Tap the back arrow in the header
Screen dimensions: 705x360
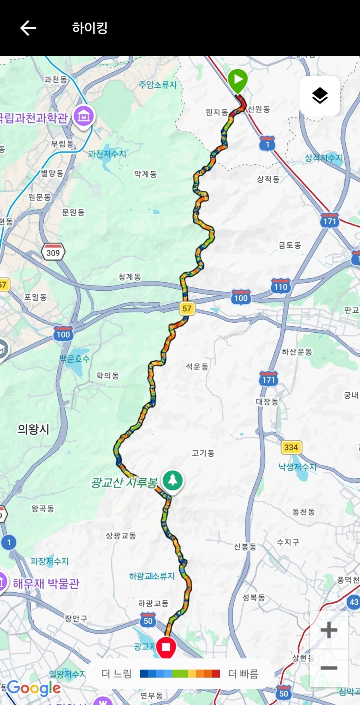click(28, 28)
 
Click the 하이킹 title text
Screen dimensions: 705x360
click(90, 28)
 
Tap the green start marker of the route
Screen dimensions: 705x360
click(238, 80)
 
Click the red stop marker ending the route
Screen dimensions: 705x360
click(166, 647)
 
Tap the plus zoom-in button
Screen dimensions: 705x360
click(329, 630)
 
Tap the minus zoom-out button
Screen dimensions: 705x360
click(329, 668)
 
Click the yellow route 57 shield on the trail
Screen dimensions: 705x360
click(187, 308)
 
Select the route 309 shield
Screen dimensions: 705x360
click(53, 252)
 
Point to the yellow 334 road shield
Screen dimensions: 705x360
click(291, 447)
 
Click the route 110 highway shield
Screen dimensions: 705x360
click(280, 286)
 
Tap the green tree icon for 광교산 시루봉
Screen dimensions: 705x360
click(173, 480)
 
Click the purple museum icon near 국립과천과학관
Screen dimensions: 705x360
click(84, 116)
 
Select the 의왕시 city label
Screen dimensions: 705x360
click(33, 429)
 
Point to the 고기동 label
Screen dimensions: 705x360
click(203, 453)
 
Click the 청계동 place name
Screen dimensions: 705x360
click(130, 277)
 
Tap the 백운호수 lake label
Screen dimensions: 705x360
click(75, 358)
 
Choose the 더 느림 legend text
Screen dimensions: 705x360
click(116, 674)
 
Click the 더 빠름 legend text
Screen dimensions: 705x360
click(243, 674)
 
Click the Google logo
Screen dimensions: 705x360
click(34, 688)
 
